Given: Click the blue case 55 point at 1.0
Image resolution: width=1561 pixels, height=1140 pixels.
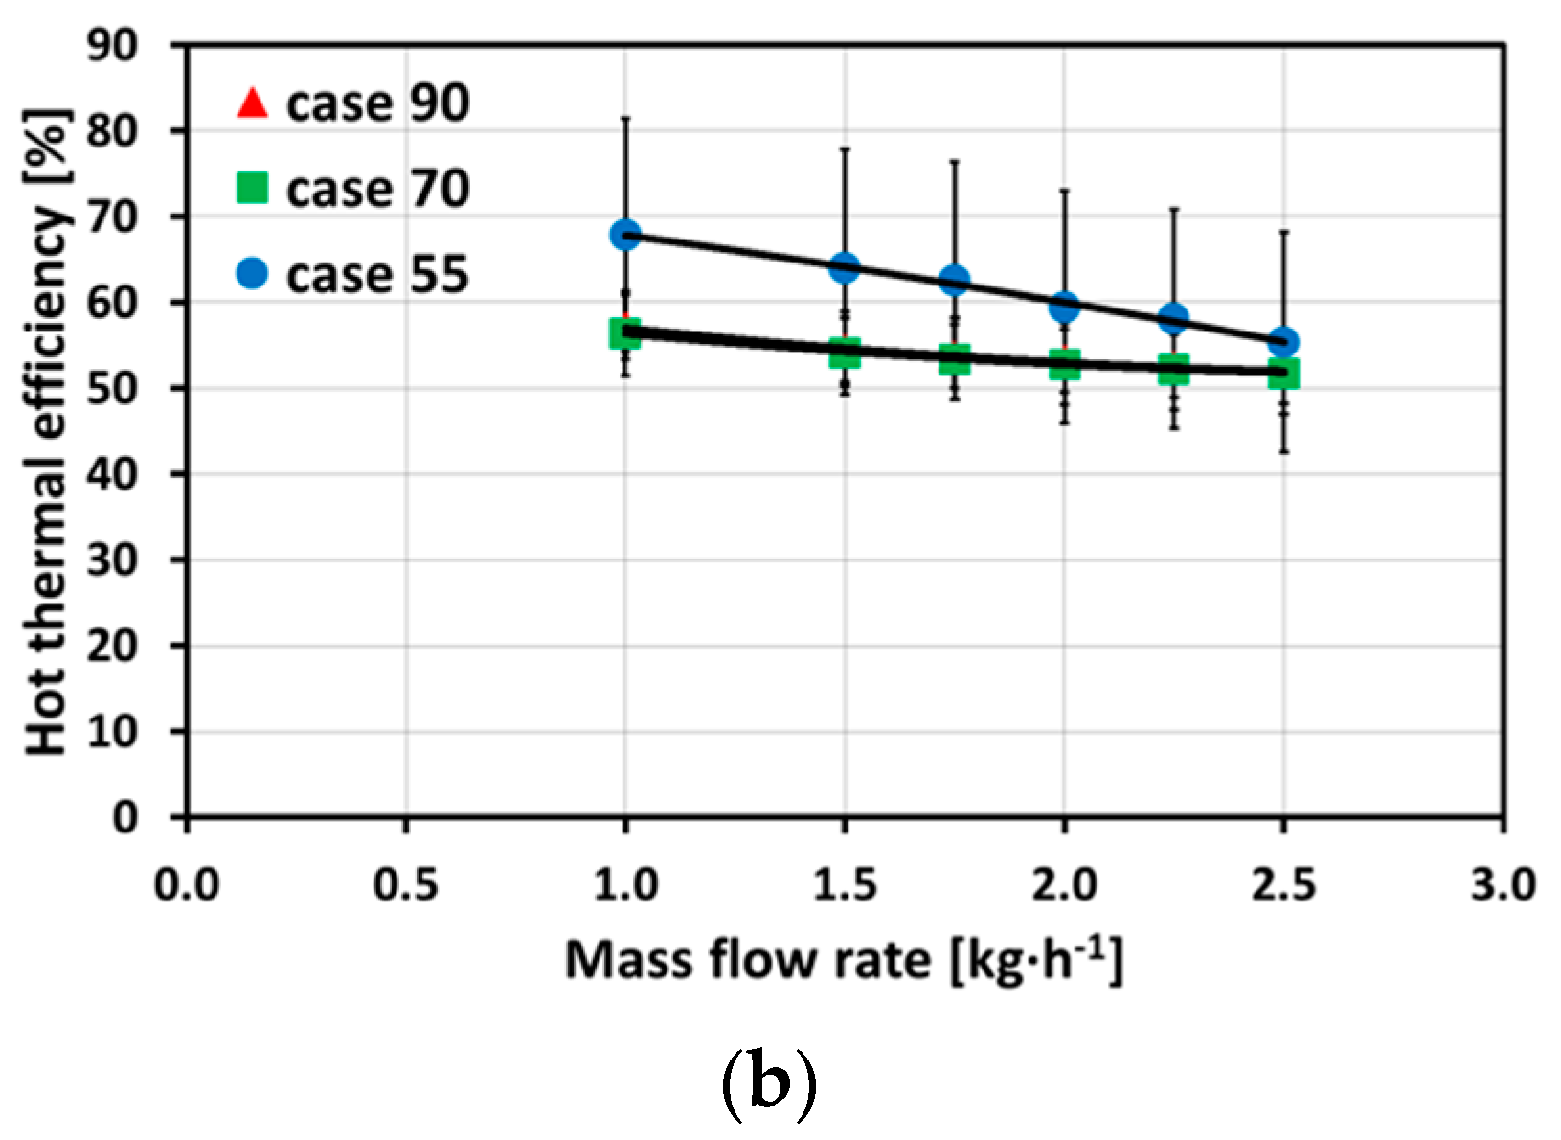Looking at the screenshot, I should click(x=625, y=235).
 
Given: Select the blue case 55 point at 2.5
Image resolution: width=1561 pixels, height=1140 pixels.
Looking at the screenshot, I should click(x=1283, y=341).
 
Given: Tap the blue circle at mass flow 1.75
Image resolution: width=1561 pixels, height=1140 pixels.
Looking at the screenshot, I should click(x=954, y=280).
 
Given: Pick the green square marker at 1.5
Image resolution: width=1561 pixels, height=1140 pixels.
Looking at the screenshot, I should click(x=845, y=353).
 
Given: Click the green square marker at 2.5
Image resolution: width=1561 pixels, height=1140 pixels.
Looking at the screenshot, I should click(x=1283, y=374).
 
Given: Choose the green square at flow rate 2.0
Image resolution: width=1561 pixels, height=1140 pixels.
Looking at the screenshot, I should click(x=1064, y=364).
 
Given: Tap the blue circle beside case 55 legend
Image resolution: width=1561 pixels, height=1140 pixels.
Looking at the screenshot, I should click(x=252, y=275).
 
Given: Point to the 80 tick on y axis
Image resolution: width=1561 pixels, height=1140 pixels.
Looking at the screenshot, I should click(x=112, y=131).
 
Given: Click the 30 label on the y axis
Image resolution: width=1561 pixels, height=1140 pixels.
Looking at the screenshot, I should click(x=112, y=560).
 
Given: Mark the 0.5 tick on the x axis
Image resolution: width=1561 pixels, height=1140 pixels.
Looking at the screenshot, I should click(x=406, y=884).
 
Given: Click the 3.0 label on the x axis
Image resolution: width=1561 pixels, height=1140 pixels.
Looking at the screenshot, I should click(x=1503, y=884).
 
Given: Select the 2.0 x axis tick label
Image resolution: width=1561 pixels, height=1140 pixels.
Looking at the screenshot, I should click(x=1064, y=884).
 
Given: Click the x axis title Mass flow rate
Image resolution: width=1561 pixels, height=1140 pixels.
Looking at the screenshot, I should click(x=843, y=960).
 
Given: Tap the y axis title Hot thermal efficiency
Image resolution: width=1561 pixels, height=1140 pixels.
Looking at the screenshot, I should click(x=48, y=431).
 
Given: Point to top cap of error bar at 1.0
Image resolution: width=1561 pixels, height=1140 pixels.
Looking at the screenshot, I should click(x=625, y=118).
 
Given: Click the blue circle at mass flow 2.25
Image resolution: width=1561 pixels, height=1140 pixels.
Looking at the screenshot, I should click(x=1174, y=317).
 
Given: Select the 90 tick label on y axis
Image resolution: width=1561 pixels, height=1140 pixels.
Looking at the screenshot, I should click(x=112, y=45).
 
